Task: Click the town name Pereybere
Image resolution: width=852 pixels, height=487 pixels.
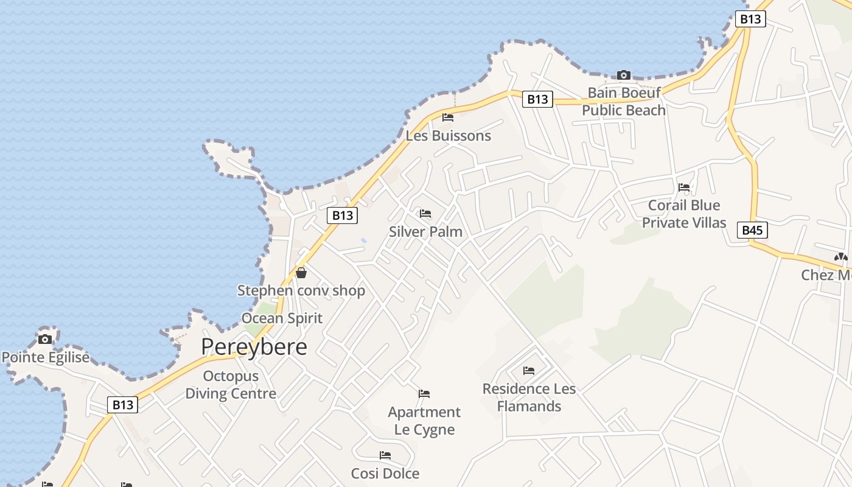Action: click(254, 347)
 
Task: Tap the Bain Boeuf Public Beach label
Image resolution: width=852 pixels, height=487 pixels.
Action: click(624, 102)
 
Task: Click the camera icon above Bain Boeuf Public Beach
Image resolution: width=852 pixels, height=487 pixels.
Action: click(623, 75)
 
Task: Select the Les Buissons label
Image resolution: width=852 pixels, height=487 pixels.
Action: click(448, 136)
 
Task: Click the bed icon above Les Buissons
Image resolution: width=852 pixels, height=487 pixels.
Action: click(448, 117)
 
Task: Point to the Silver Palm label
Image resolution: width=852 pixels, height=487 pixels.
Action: click(425, 232)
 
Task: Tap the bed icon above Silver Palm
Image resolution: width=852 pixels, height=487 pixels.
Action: click(425, 214)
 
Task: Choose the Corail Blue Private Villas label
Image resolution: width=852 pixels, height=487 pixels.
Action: click(684, 214)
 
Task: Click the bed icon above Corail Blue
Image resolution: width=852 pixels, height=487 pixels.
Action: click(684, 187)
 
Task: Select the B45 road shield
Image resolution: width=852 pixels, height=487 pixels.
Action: click(752, 230)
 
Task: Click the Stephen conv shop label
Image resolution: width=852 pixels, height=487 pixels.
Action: click(301, 290)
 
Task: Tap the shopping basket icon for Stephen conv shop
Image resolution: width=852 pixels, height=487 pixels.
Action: click(301, 273)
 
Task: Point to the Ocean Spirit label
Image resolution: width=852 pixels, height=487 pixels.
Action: click(282, 318)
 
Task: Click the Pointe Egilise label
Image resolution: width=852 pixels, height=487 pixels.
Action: click(46, 357)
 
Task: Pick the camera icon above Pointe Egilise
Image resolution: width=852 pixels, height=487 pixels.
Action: click(45, 339)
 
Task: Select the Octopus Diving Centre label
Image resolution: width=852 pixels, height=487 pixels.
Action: click(231, 385)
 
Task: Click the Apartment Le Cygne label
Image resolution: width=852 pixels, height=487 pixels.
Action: click(424, 421)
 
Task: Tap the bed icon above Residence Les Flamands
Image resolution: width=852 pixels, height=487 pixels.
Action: click(529, 370)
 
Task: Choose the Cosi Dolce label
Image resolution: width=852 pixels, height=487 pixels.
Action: click(385, 473)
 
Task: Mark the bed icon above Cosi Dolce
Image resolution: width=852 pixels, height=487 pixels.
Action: click(385, 455)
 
